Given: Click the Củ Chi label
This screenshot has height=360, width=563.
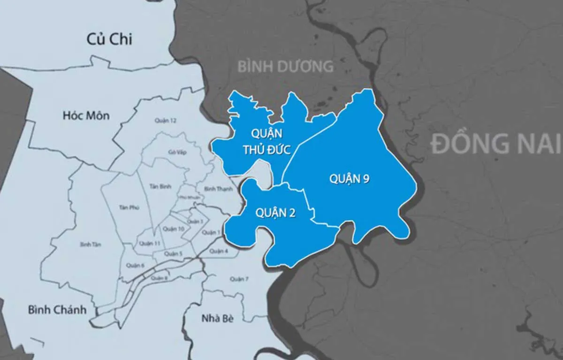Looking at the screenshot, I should click(109, 39).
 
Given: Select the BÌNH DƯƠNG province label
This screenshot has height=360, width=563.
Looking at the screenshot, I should click(285, 66).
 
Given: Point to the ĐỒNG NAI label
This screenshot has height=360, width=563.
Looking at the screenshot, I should click(496, 144).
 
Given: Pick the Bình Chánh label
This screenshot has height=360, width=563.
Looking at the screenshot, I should click(57, 310).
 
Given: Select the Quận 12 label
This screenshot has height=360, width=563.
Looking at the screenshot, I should click(165, 121).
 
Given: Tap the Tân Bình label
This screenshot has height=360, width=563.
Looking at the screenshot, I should click(158, 186).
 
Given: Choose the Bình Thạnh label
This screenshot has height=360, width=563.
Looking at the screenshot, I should click(216, 189).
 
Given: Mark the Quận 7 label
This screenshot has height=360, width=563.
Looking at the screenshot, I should click(239, 279).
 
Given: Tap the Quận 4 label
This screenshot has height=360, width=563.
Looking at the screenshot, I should click(219, 252).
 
